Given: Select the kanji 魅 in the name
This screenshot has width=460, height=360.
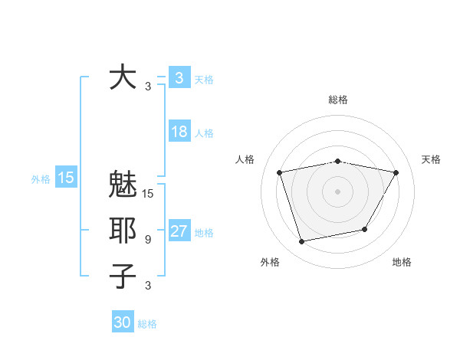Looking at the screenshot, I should pos(123,186).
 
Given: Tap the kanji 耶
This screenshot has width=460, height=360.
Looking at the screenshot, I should pos(123,230).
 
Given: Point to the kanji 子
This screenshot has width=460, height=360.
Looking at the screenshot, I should pos(123,275).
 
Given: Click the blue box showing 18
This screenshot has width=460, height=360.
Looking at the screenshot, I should pos(179,132).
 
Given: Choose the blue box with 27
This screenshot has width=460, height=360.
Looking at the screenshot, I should pos(179,232).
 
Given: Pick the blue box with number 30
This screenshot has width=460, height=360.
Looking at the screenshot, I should pos(123,322).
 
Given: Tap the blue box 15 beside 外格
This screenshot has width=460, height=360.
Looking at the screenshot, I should pos(66,178).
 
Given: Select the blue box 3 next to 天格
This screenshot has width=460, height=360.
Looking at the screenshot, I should pos(179,77).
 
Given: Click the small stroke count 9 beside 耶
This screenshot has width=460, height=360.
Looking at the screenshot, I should pos(148,240).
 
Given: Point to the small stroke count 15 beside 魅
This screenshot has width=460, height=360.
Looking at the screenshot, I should pos(148,194).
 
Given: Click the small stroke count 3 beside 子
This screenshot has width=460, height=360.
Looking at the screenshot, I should pos(148,286).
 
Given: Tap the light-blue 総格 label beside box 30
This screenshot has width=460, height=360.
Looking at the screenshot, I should pos(147,324).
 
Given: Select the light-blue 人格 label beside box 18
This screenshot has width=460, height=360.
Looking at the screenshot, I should pos(204,133).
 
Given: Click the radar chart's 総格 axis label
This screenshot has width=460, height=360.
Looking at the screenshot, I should pos(337,100).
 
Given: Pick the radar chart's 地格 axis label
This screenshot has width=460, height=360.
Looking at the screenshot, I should pos(402,263).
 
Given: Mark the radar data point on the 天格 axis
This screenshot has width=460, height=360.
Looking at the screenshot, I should pos(396,172).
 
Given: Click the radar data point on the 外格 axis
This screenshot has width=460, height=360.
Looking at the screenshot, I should pos(302,241).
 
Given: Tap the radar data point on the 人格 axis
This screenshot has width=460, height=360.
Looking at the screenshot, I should pos(280,172).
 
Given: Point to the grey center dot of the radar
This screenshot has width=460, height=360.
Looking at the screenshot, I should pos(337,191).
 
